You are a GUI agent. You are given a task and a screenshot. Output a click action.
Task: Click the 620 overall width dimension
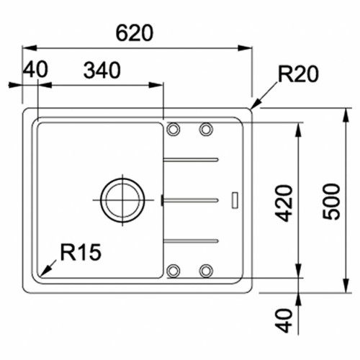(136, 34)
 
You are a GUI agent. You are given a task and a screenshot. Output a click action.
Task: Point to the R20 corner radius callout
(297, 74)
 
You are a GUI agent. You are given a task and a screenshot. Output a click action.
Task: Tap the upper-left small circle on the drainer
(174, 130)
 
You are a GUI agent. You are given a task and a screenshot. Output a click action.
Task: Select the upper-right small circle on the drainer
(206, 130)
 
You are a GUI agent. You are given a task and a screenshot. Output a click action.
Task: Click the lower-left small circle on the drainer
(174, 271)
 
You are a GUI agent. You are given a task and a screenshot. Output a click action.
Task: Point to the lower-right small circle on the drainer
(206, 271)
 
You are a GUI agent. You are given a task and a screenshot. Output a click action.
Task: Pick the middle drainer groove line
(191, 199)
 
